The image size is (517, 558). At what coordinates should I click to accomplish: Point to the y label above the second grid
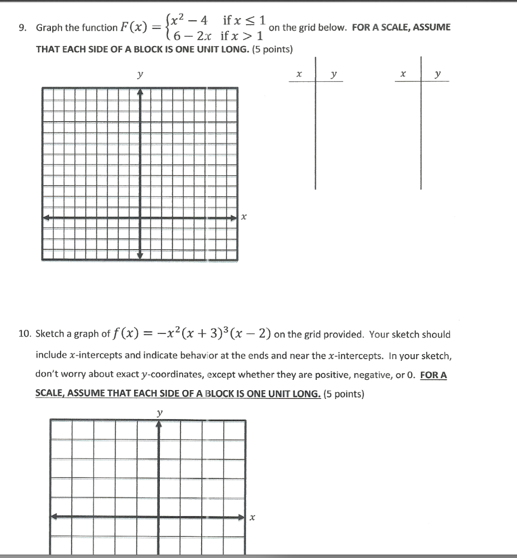pos(159,413)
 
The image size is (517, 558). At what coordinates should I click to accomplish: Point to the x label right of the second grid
pos(252,518)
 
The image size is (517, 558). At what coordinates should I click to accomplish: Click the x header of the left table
pos(298,74)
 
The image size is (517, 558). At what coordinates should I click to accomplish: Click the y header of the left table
pos(333,74)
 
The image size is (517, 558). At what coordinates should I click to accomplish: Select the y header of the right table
pos(438,74)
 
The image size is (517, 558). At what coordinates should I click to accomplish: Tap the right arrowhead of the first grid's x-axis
pos(235,218)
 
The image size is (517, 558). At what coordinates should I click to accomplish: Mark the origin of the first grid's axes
pos(140,218)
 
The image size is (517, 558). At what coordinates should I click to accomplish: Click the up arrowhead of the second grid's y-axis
pos(159,424)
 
